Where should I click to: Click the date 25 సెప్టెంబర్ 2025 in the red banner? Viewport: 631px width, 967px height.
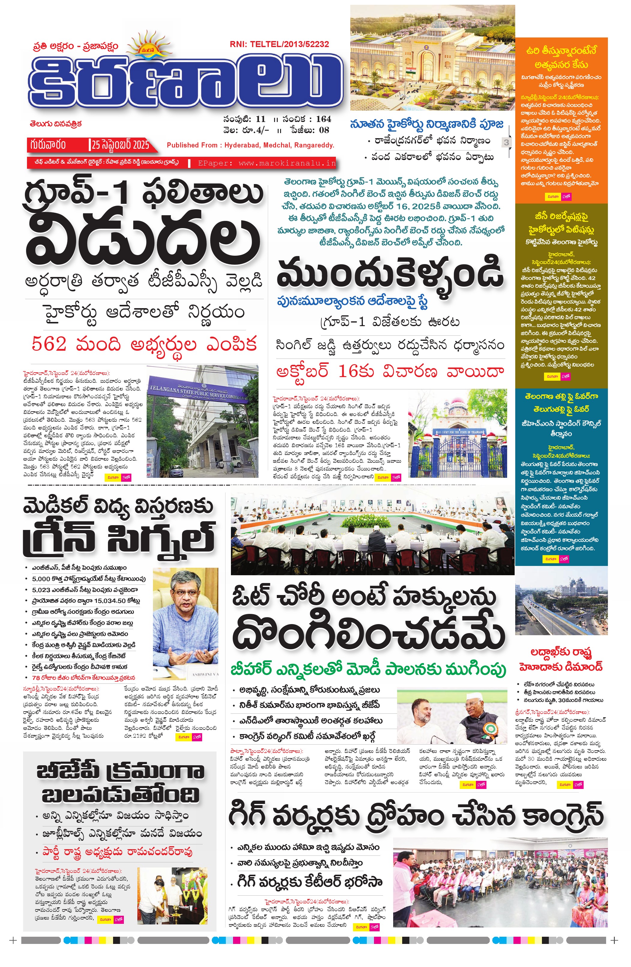[120, 145]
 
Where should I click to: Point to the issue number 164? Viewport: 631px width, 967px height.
[324, 119]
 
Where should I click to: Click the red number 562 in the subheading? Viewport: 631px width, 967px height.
[49, 344]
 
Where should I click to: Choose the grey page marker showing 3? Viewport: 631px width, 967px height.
[506, 142]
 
